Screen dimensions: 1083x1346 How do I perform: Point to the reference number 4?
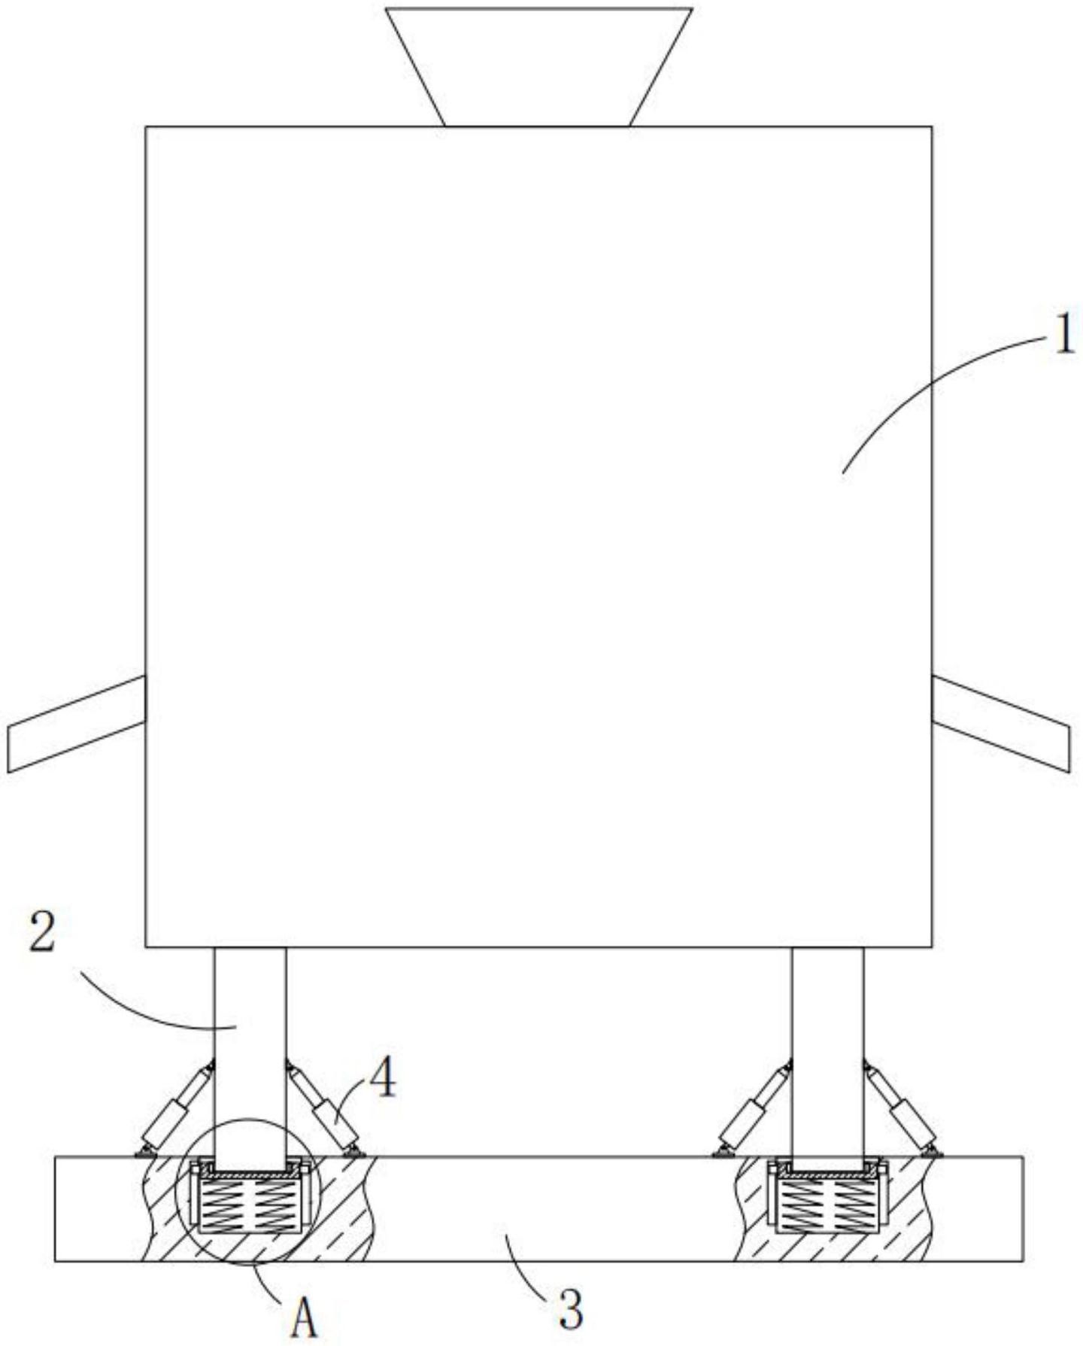point(382,1080)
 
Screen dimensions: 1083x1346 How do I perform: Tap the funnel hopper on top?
point(538,67)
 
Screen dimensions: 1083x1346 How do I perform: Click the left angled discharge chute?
point(76,723)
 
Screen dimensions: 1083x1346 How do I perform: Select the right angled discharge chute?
point(1001,723)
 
